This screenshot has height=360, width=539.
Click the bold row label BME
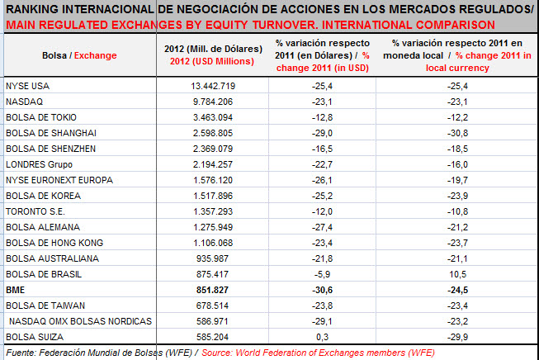(x=16, y=290)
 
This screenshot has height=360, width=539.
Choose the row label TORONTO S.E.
(x=34, y=211)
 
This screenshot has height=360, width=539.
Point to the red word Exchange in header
(x=97, y=55)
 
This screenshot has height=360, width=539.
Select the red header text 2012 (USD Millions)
(x=215, y=61)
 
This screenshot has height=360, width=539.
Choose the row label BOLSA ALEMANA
(x=38, y=227)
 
